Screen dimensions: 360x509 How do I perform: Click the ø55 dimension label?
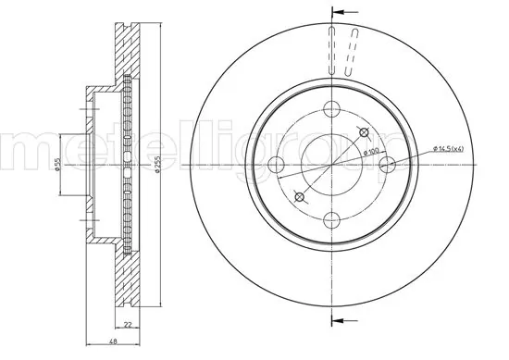(56, 164)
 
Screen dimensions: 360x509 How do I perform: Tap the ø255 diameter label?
(158, 165)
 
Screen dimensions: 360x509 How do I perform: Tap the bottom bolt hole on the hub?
(330, 218)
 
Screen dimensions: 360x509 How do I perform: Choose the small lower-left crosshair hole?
(299, 196)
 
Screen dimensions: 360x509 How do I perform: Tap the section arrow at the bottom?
(341, 320)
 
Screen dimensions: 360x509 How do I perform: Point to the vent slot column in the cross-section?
(126, 165)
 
